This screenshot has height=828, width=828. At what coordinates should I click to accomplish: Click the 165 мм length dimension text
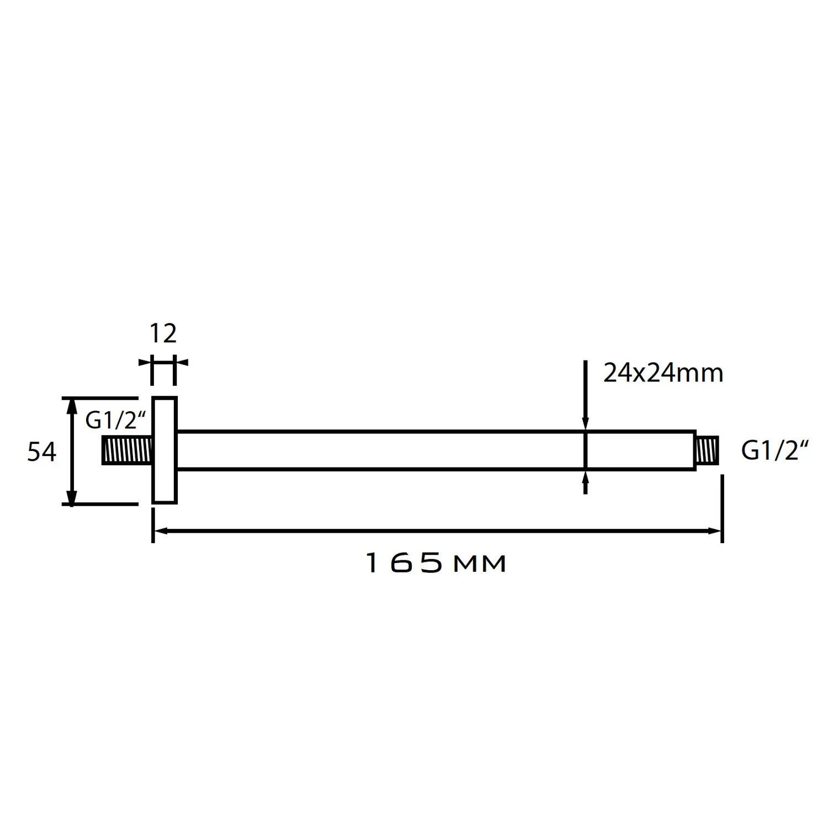tap(436, 564)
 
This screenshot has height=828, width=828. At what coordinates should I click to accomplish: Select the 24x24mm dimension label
tap(662, 374)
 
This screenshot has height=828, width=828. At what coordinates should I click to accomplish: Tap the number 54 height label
tap(42, 452)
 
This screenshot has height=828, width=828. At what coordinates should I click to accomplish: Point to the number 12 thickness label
tap(163, 333)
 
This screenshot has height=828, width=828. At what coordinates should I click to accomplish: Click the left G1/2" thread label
tap(115, 421)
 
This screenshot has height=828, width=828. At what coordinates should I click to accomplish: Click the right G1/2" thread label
tap(774, 451)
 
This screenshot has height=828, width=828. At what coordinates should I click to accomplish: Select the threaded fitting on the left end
tap(127, 450)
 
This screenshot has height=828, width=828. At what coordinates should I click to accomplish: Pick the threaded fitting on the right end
tap(707, 450)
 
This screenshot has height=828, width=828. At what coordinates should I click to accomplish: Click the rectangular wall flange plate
tap(164, 450)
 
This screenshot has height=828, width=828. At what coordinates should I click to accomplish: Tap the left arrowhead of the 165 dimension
tap(160, 531)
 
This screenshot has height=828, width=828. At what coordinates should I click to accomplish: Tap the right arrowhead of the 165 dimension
tap(715, 531)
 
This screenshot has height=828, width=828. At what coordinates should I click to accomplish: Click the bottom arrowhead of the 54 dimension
tap(71, 497)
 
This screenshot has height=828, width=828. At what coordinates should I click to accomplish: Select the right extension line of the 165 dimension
tap(722, 508)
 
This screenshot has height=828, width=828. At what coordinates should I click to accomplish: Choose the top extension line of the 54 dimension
tap(99, 397)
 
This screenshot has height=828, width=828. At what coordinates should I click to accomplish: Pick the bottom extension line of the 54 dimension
tap(99, 503)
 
